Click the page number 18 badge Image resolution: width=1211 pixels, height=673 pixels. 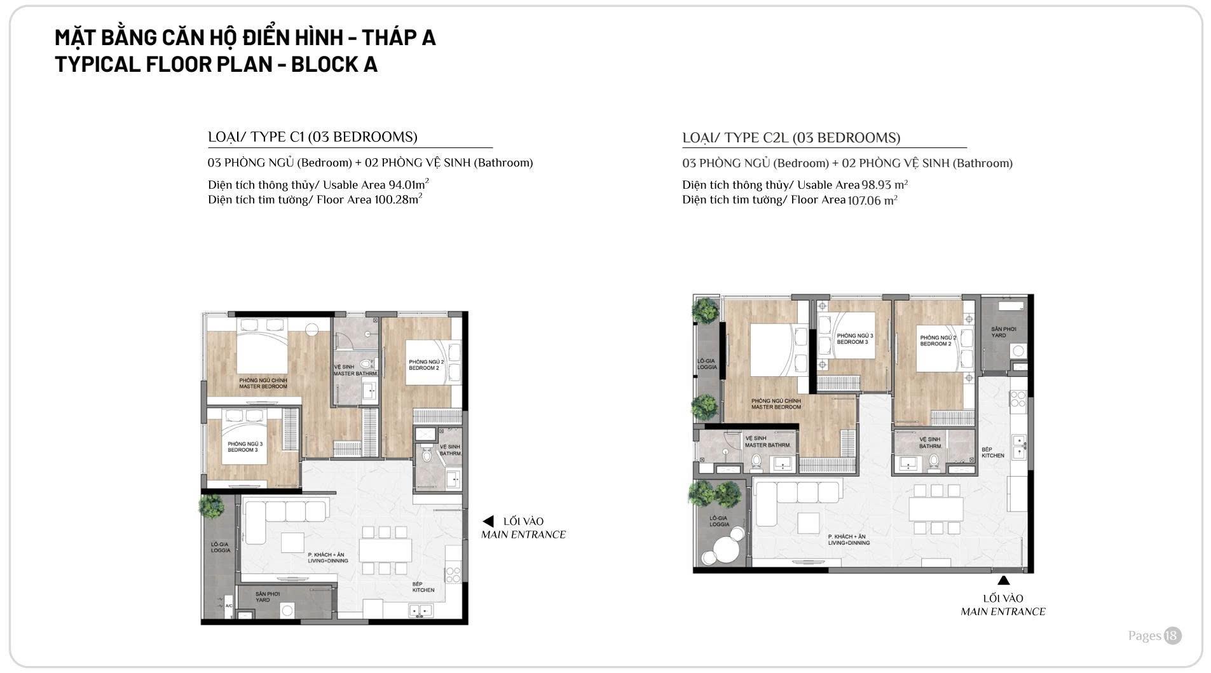pos(1172,636)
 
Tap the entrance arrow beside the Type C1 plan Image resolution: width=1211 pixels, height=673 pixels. pos(488,522)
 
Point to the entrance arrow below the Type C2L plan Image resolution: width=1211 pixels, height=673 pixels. pos(1003,580)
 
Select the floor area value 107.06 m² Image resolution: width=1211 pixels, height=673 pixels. pos(872,200)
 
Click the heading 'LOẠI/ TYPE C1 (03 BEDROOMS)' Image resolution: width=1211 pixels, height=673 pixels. pos(313,137)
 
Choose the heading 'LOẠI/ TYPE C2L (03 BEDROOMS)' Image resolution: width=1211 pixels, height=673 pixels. pos(791,138)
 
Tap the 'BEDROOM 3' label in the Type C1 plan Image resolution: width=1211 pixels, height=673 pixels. pos(243,450)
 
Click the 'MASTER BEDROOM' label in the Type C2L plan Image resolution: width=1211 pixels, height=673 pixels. pos(776,407)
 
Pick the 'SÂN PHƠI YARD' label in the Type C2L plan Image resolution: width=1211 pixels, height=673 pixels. pos(1003,332)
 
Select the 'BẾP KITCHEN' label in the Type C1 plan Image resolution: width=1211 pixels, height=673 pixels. pos(423,587)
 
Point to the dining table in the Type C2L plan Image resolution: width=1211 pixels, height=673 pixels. pos(936,508)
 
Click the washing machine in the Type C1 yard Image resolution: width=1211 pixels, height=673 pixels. pos(287,610)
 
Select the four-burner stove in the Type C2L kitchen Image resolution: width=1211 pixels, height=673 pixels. pos(1018,399)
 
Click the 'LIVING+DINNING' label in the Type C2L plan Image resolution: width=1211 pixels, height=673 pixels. pos(849,543)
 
